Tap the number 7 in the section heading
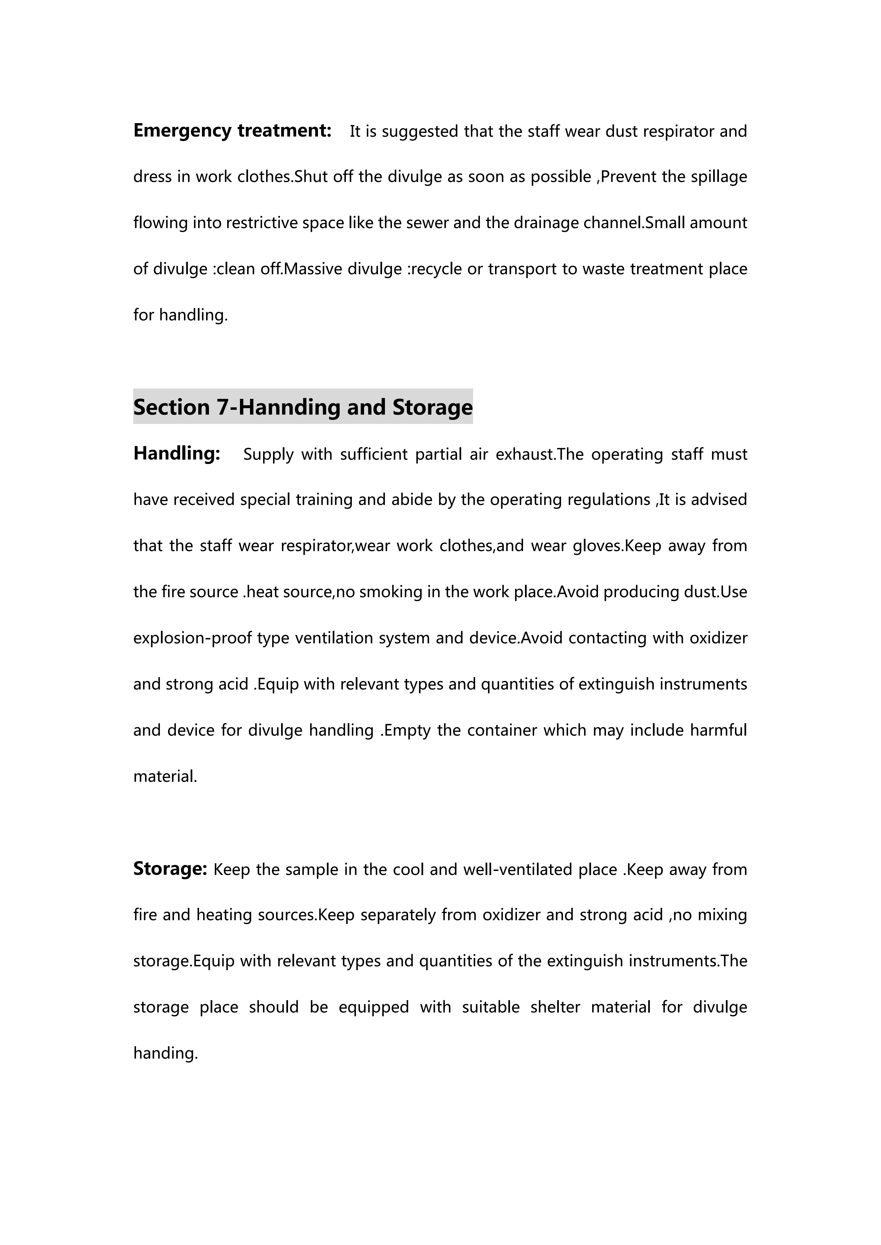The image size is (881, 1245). pyautogui.click(x=223, y=407)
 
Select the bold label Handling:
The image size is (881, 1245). pyautogui.click(x=177, y=453)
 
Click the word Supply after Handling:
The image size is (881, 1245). pyautogui.click(x=268, y=454)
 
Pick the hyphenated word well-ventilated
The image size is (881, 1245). pyautogui.click(x=518, y=870)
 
